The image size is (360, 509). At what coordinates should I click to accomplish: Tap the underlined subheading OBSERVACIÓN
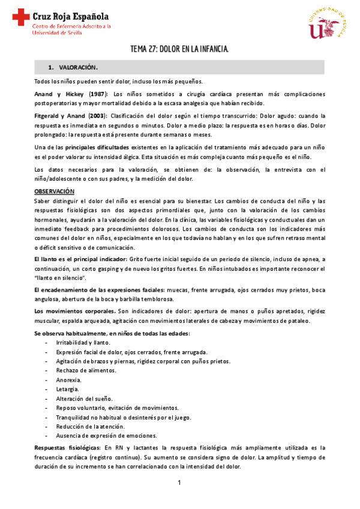(x=54, y=191)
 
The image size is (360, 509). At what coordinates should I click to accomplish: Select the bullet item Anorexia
(x=67, y=380)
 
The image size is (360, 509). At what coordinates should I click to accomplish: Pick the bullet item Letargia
(x=67, y=389)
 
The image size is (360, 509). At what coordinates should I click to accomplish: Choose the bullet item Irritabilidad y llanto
(x=83, y=342)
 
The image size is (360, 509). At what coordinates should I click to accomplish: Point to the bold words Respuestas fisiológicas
(x=67, y=448)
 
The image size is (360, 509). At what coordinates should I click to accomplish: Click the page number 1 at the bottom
(x=179, y=483)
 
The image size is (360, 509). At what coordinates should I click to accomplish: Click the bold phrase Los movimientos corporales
(x=75, y=312)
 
